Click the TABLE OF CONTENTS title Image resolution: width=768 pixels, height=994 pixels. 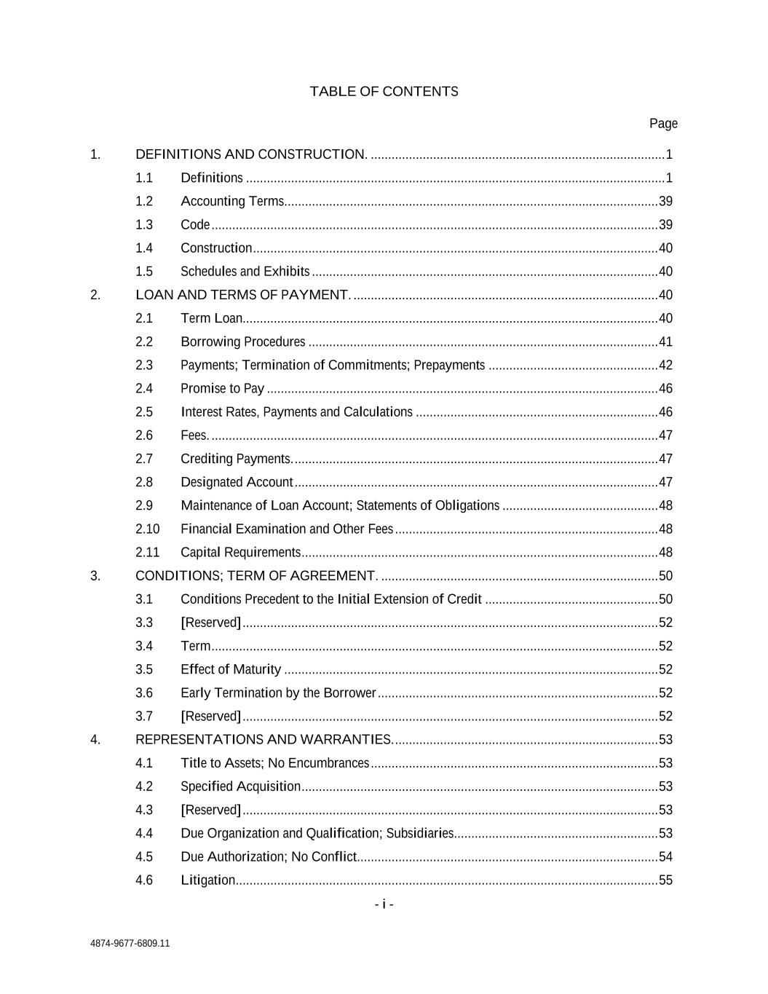pyautogui.click(x=384, y=92)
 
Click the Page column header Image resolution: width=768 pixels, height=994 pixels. pyautogui.click(x=663, y=124)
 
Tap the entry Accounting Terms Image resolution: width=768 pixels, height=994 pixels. pyautogui.click(x=232, y=201)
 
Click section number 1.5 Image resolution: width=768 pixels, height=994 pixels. pyautogui.click(x=144, y=272)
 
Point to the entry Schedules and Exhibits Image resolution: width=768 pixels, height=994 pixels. pyautogui.click(x=245, y=272)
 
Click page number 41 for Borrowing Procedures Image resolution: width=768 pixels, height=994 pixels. pyautogui.click(x=665, y=342)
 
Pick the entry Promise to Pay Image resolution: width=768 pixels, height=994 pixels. pyautogui.click(x=222, y=389)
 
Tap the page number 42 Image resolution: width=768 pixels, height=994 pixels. pyautogui.click(x=665, y=365)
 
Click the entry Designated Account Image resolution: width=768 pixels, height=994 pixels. pyautogui.click(x=237, y=482)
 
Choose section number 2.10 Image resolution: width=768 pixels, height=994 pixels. pyautogui.click(x=147, y=529)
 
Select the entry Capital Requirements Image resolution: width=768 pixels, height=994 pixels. pyautogui.click(x=240, y=553)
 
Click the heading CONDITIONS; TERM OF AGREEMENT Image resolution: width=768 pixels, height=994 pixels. pyautogui.click(x=256, y=576)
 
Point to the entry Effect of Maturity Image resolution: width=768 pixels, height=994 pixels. pyautogui.click(x=231, y=669)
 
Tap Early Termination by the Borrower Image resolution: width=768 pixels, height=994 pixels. pyautogui.click(x=278, y=693)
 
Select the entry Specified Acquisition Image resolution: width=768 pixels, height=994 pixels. pyautogui.click(x=240, y=786)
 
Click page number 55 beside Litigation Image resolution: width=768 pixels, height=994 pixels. pyautogui.click(x=665, y=880)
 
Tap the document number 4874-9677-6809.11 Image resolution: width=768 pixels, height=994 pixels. pyautogui.click(x=130, y=943)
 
